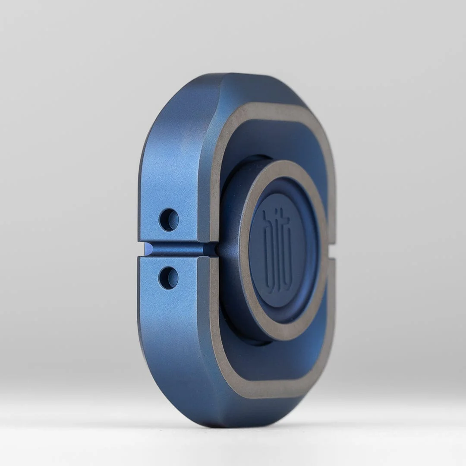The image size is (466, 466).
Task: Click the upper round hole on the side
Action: click(169, 220)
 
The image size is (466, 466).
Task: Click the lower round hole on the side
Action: click(168, 278)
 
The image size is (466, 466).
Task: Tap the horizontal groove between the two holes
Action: click(181, 249)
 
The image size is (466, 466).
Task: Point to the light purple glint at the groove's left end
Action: click(148, 249)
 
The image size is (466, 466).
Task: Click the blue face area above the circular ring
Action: click(276, 138)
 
